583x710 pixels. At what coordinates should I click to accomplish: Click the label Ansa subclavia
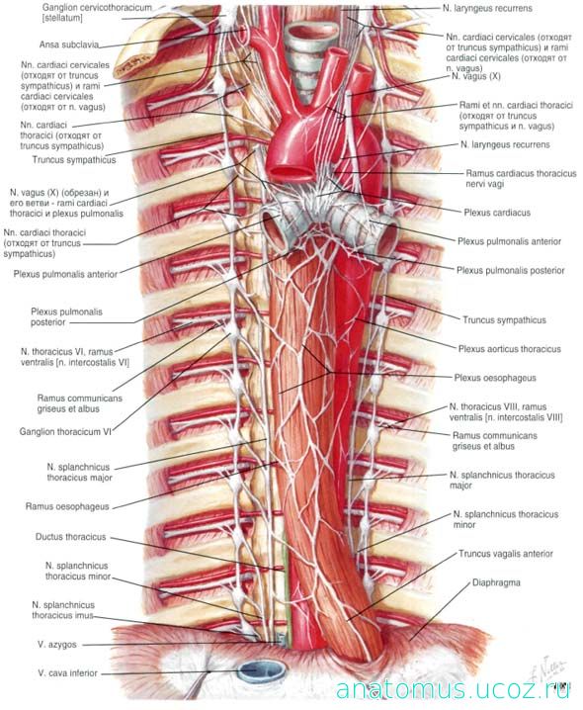point(69,44)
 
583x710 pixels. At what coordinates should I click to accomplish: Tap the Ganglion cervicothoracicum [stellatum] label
point(97,13)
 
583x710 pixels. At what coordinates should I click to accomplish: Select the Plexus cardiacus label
point(497,213)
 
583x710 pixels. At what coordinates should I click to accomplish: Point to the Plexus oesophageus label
point(495,378)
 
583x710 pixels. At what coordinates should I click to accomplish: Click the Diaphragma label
point(496,582)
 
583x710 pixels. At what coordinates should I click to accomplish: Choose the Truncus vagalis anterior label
point(506,554)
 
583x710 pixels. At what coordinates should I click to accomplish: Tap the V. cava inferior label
point(68,673)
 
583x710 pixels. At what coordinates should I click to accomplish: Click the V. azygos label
point(57,645)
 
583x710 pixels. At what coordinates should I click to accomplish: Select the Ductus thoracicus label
point(70,537)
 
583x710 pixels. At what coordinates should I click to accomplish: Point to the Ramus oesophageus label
point(67,506)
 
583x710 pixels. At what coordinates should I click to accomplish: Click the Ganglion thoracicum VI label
point(65,432)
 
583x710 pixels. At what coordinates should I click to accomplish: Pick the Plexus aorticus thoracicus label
point(509,349)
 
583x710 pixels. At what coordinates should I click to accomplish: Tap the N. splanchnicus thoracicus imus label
point(63,610)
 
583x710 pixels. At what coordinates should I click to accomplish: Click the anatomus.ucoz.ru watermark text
point(453,690)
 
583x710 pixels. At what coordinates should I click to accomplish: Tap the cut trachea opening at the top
point(313,34)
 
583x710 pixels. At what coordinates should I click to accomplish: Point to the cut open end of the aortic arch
point(290,172)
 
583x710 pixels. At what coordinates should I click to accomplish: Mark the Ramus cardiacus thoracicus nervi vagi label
point(521,178)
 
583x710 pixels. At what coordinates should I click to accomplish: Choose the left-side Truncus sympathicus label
point(74,160)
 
